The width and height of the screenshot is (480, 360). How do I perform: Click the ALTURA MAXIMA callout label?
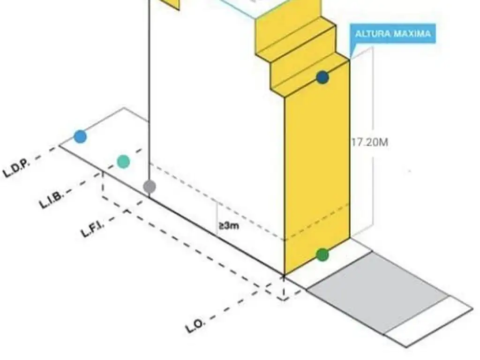(392, 34)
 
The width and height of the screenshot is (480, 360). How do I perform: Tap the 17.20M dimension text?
(370, 142)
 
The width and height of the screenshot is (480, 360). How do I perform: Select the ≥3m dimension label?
(228, 226)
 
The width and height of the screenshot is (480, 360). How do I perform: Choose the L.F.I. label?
(93, 228)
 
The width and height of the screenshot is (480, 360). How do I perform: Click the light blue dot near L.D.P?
(80, 137)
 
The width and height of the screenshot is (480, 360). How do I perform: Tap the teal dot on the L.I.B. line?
(123, 161)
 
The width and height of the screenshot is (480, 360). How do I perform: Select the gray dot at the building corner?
(149, 186)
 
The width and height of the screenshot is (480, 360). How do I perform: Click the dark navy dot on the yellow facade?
(322, 77)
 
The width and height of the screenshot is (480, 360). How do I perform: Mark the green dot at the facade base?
(322, 255)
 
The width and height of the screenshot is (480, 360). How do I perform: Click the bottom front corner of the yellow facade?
(285, 275)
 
